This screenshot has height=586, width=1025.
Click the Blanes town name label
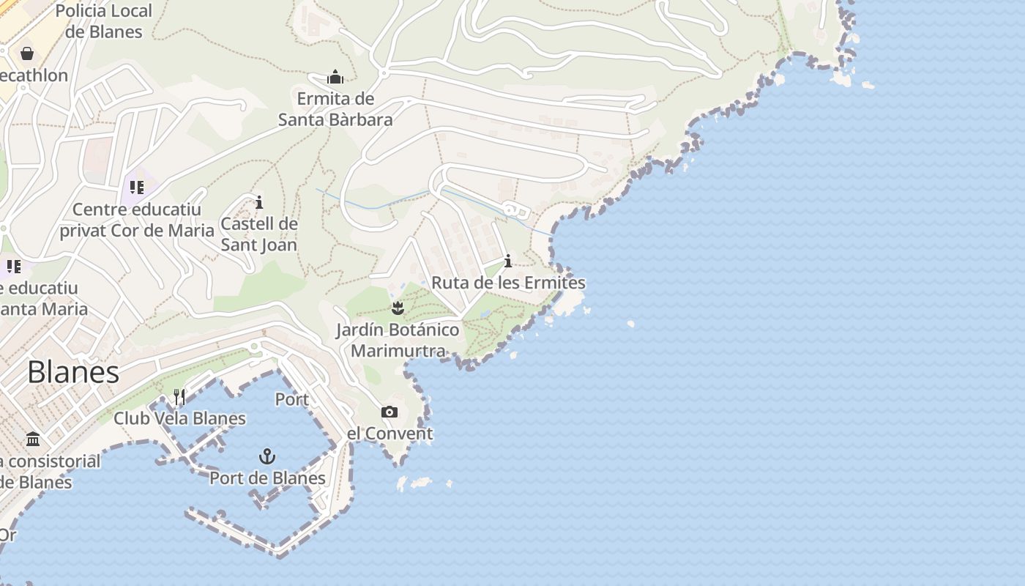(73, 372)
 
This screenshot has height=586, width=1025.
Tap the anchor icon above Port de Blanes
(267, 457)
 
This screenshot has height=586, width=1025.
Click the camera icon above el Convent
(389, 412)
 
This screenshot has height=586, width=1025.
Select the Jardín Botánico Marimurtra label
(398, 340)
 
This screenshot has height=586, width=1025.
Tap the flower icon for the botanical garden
(398, 308)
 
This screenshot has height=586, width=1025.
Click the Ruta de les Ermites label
(508, 283)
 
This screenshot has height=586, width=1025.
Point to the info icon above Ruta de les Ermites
(508, 262)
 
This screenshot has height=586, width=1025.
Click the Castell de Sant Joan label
(259, 234)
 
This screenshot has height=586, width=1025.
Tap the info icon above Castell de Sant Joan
(258, 202)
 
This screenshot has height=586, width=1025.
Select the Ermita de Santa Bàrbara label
(335, 109)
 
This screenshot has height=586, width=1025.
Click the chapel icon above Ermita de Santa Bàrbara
(335, 77)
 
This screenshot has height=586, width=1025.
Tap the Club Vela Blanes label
(179, 419)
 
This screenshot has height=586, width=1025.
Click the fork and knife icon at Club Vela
(179, 397)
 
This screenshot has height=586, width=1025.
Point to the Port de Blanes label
(267, 478)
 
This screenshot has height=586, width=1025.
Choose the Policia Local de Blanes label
(103, 21)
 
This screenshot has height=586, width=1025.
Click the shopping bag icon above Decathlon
(27, 53)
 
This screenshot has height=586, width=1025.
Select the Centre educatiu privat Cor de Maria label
(137, 220)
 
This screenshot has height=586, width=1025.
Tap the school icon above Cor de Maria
(136, 188)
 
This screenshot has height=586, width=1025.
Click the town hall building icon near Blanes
(33, 439)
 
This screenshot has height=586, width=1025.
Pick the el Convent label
(389, 434)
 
